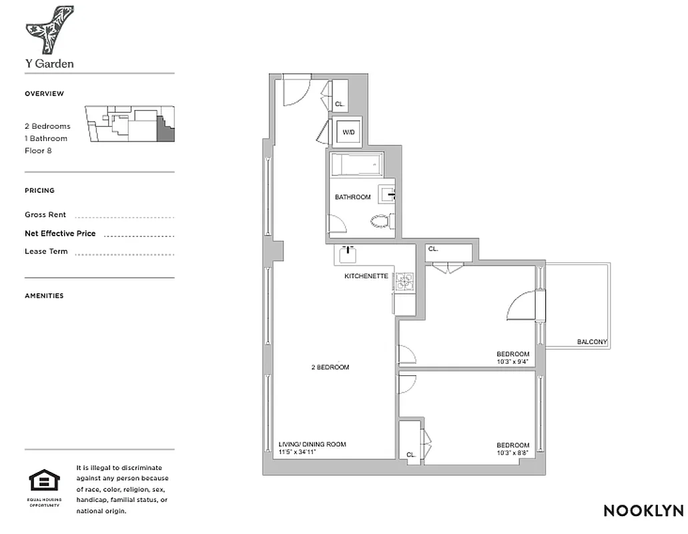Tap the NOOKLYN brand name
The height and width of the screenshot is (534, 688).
[643, 511]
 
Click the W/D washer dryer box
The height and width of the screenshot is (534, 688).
[348, 132]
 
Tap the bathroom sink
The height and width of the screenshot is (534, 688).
[387, 195]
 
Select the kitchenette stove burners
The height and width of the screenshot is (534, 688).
[404, 282]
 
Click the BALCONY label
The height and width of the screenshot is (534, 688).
[592, 342]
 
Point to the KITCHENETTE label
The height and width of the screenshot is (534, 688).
[366, 276]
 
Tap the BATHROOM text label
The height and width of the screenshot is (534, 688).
[352, 198]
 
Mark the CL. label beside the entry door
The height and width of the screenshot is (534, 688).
[340, 104]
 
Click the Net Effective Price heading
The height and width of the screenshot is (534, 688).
[60, 234]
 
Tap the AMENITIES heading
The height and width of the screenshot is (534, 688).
[44, 296]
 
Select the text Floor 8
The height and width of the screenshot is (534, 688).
[38, 151]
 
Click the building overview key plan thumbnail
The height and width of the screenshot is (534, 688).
[129, 124]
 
